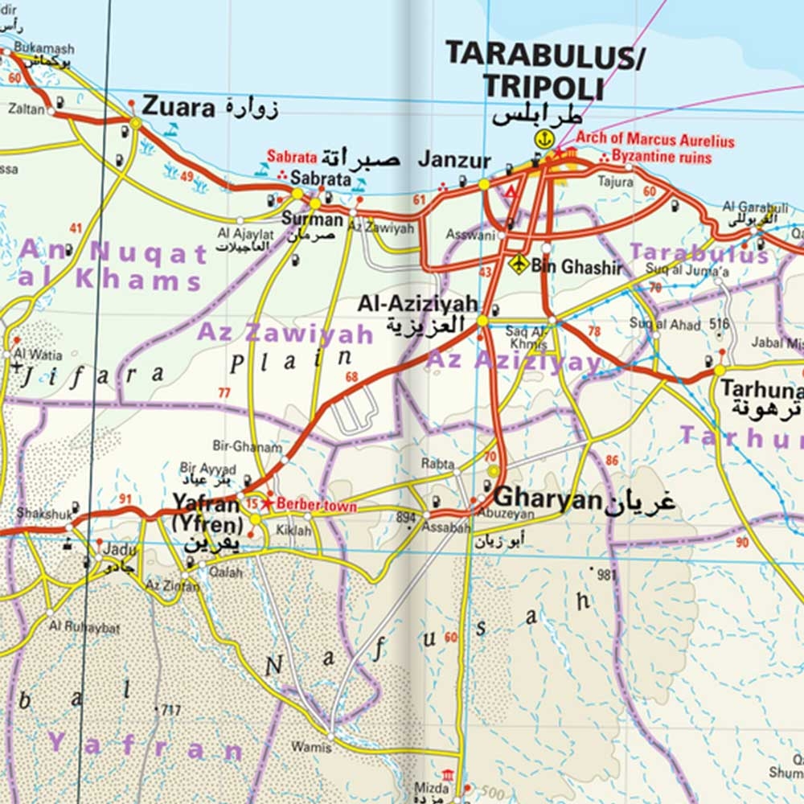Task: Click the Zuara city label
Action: pyautogui.click(x=178, y=107)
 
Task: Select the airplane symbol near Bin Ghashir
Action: pyautogui.click(x=519, y=264)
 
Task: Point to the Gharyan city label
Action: pyautogui.click(x=548, y=499)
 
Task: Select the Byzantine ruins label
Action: pyautogui.click(x=662, y=157)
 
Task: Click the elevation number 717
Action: pyautogui.click(x=170, y=710)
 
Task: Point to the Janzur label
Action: pyautogui.click(x=453, y=160)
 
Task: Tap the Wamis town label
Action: pyautogui.click(x=311, y=747)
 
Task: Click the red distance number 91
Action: pyautogui.click(x=125, y=499)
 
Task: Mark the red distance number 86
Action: pyautogui.click(x=613, y=461)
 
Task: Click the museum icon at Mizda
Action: pyautogui.click(x=447, y=774)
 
